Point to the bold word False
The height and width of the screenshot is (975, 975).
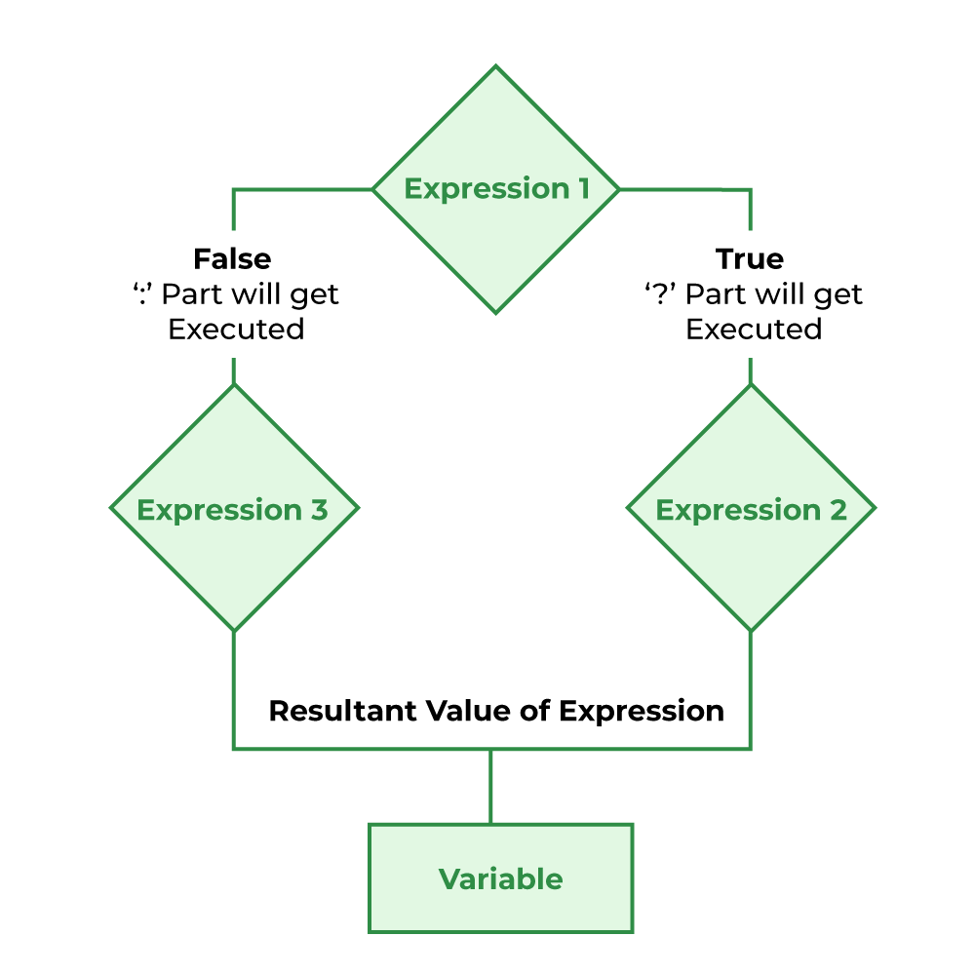tap(232, 259)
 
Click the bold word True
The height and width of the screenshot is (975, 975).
tap(750, 259)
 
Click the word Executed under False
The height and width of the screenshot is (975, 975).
tap(236, 330)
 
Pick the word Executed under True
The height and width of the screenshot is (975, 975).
tap(754, 330)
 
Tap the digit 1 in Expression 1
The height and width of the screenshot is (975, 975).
tap(582, 189)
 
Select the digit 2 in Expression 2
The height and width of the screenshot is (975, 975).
tap(838, 510)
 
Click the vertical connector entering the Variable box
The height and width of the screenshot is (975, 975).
tap(490, 786)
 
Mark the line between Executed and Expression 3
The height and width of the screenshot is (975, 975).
tap(233, 370)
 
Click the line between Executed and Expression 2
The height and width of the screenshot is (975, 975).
tap(750, 370)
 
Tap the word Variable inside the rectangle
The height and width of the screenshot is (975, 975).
tap(500, 879)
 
